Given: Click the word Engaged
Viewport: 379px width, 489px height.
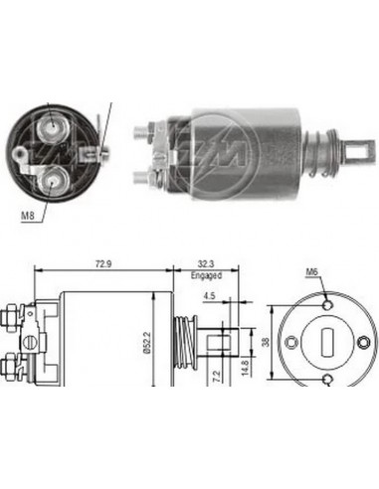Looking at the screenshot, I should [x=206, y=278].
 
